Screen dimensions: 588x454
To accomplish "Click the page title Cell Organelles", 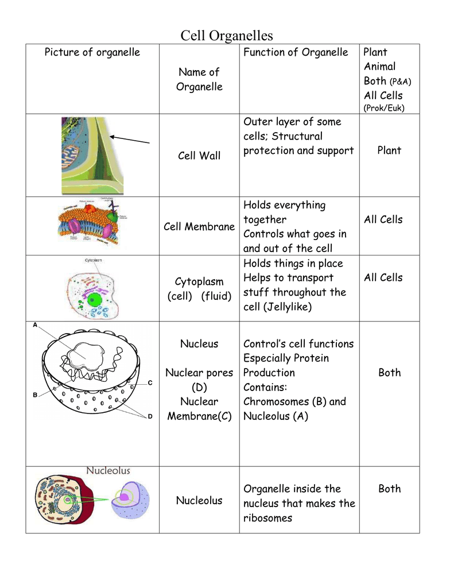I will [227, 36].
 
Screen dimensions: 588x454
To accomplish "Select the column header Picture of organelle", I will [92, 52].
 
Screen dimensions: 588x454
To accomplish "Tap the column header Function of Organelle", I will [296, 52].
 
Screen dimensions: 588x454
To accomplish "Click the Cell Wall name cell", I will [199, 156].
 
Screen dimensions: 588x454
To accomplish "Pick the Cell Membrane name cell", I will [199, 227].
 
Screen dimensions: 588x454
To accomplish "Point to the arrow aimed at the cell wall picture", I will [130, 140].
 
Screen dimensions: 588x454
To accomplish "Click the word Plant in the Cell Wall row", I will [389, 150].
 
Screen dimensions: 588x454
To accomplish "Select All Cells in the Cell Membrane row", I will [383, 219].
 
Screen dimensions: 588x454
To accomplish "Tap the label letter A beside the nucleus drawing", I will [35, 325].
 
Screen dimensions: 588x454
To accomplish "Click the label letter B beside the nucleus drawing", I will [35, 395].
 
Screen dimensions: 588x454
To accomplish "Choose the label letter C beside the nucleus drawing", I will [150, 382].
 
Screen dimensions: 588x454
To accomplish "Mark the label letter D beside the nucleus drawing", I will [150, 416].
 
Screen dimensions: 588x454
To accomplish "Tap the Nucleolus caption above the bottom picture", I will [108, 471].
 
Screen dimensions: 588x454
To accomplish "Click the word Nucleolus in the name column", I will [199, 501].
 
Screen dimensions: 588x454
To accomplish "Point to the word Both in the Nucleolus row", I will [389, 489].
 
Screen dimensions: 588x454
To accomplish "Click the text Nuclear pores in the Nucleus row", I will [199, 373].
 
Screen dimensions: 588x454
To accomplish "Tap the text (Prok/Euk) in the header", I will [383, 108].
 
